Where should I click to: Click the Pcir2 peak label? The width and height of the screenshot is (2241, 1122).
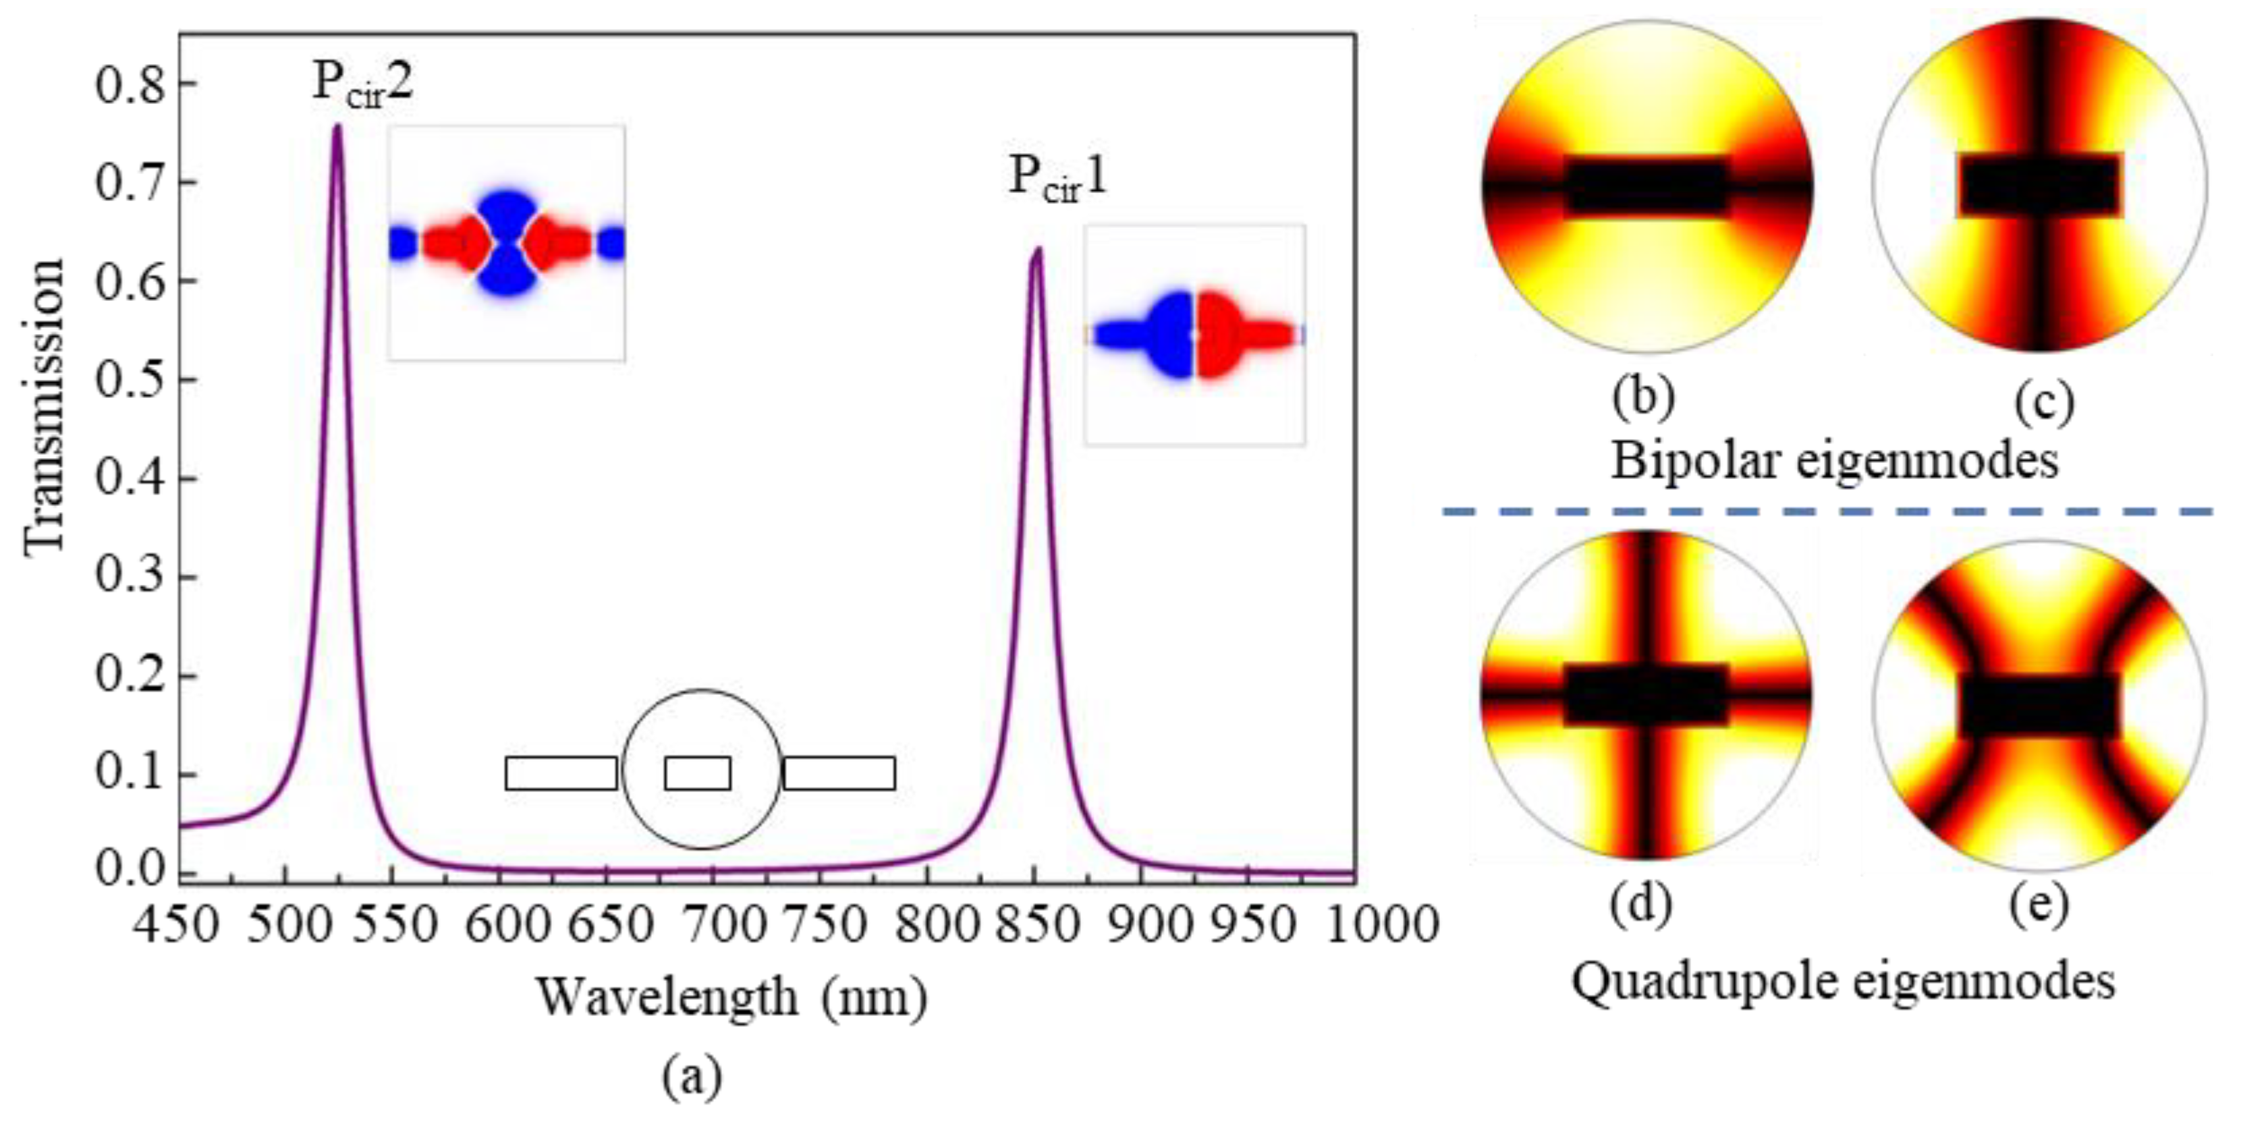pos(361,85)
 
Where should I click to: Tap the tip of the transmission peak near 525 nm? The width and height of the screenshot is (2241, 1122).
pos(337,126)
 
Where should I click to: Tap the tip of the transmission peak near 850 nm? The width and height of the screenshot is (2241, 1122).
pos(1036,250)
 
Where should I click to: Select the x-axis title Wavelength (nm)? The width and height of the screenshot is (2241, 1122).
pos(731,997)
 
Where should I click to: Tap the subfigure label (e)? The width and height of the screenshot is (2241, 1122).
pos(2039,905)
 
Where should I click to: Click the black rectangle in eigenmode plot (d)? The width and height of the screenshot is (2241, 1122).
pos(1645,694)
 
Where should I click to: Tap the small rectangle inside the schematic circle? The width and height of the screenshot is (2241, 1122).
pos(698,773)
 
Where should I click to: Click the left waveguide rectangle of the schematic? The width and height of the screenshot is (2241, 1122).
pos(561,773)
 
